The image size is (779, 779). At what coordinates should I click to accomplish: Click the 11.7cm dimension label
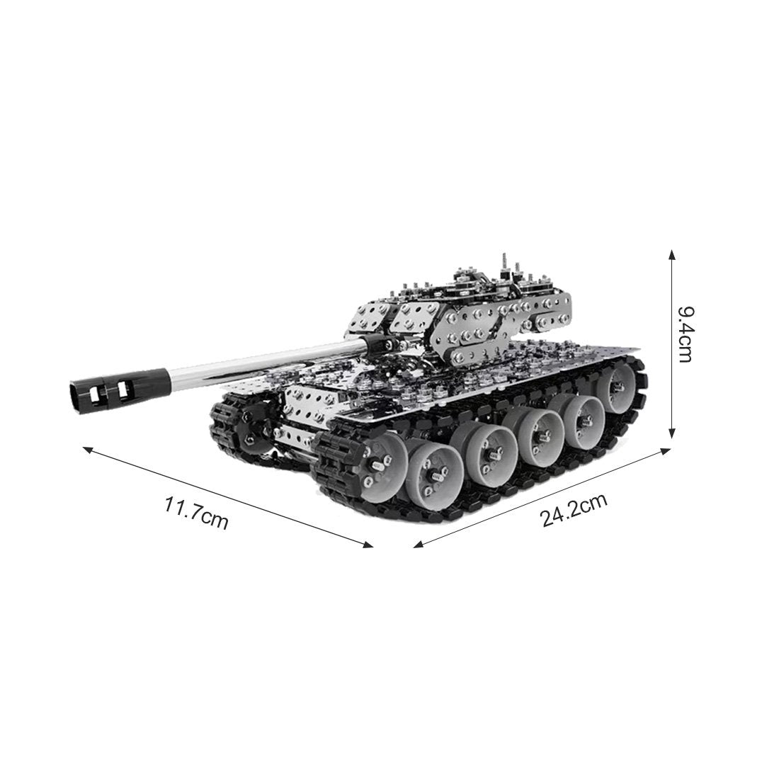coord(196,511)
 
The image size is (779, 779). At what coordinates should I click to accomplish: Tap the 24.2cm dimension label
coord(574,510)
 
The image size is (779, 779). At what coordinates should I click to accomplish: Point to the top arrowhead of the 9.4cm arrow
coord(672,255)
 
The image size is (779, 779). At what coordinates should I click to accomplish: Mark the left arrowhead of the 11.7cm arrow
coord(88,449)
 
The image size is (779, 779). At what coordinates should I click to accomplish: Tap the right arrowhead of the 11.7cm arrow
coord(367,544)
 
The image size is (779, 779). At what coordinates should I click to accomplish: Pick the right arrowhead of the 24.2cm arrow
coord(665,450)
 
